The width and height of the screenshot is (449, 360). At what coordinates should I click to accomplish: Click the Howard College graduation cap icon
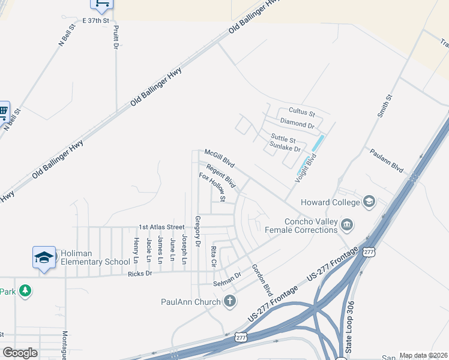pos(369,202)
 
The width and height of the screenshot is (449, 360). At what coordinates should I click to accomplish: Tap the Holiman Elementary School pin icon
pos(44,257)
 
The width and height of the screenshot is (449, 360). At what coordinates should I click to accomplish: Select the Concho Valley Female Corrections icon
pos(347,225)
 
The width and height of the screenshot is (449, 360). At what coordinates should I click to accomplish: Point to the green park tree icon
pos(25,291)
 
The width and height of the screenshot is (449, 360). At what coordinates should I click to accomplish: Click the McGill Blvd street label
pos(219,158)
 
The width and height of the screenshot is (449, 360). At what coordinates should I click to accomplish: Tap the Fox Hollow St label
pos(212,187)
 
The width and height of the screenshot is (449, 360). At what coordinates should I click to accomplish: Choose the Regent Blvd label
pos(220,175)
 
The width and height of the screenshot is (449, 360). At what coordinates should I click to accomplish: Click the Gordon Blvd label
pos(262,280)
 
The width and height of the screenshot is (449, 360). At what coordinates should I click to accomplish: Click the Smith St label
pos(385,106)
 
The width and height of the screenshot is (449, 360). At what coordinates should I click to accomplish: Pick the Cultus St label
pos(301,112)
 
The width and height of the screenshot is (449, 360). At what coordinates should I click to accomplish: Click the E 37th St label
pos(97,20)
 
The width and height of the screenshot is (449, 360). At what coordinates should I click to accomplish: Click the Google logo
pos(20,353)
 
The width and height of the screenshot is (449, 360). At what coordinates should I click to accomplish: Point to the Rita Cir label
pos(213,256)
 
